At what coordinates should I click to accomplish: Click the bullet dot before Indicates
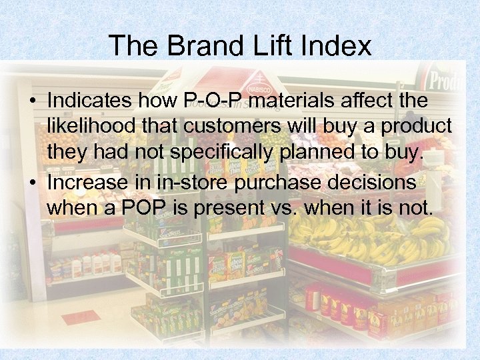tap(32, 102)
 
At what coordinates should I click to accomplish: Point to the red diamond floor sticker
tap(81, 317)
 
